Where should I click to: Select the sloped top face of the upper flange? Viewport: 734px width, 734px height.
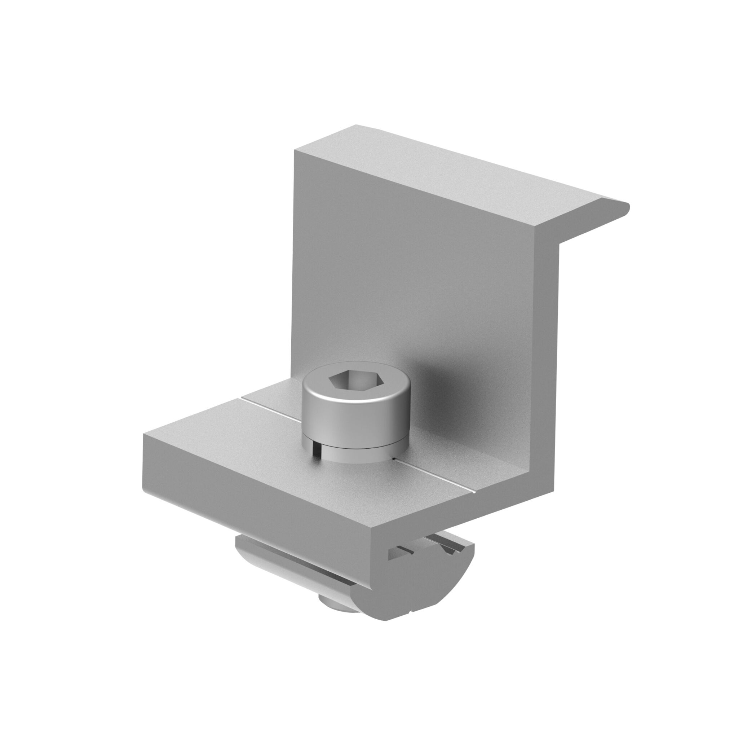(456, 163)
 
